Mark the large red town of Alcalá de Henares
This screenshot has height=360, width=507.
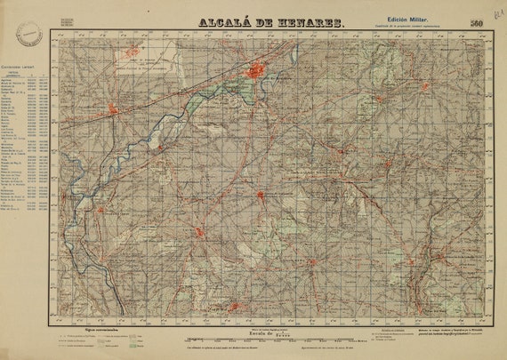click(x=258, y=71)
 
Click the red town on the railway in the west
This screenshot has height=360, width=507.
click(x=113, y=109)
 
